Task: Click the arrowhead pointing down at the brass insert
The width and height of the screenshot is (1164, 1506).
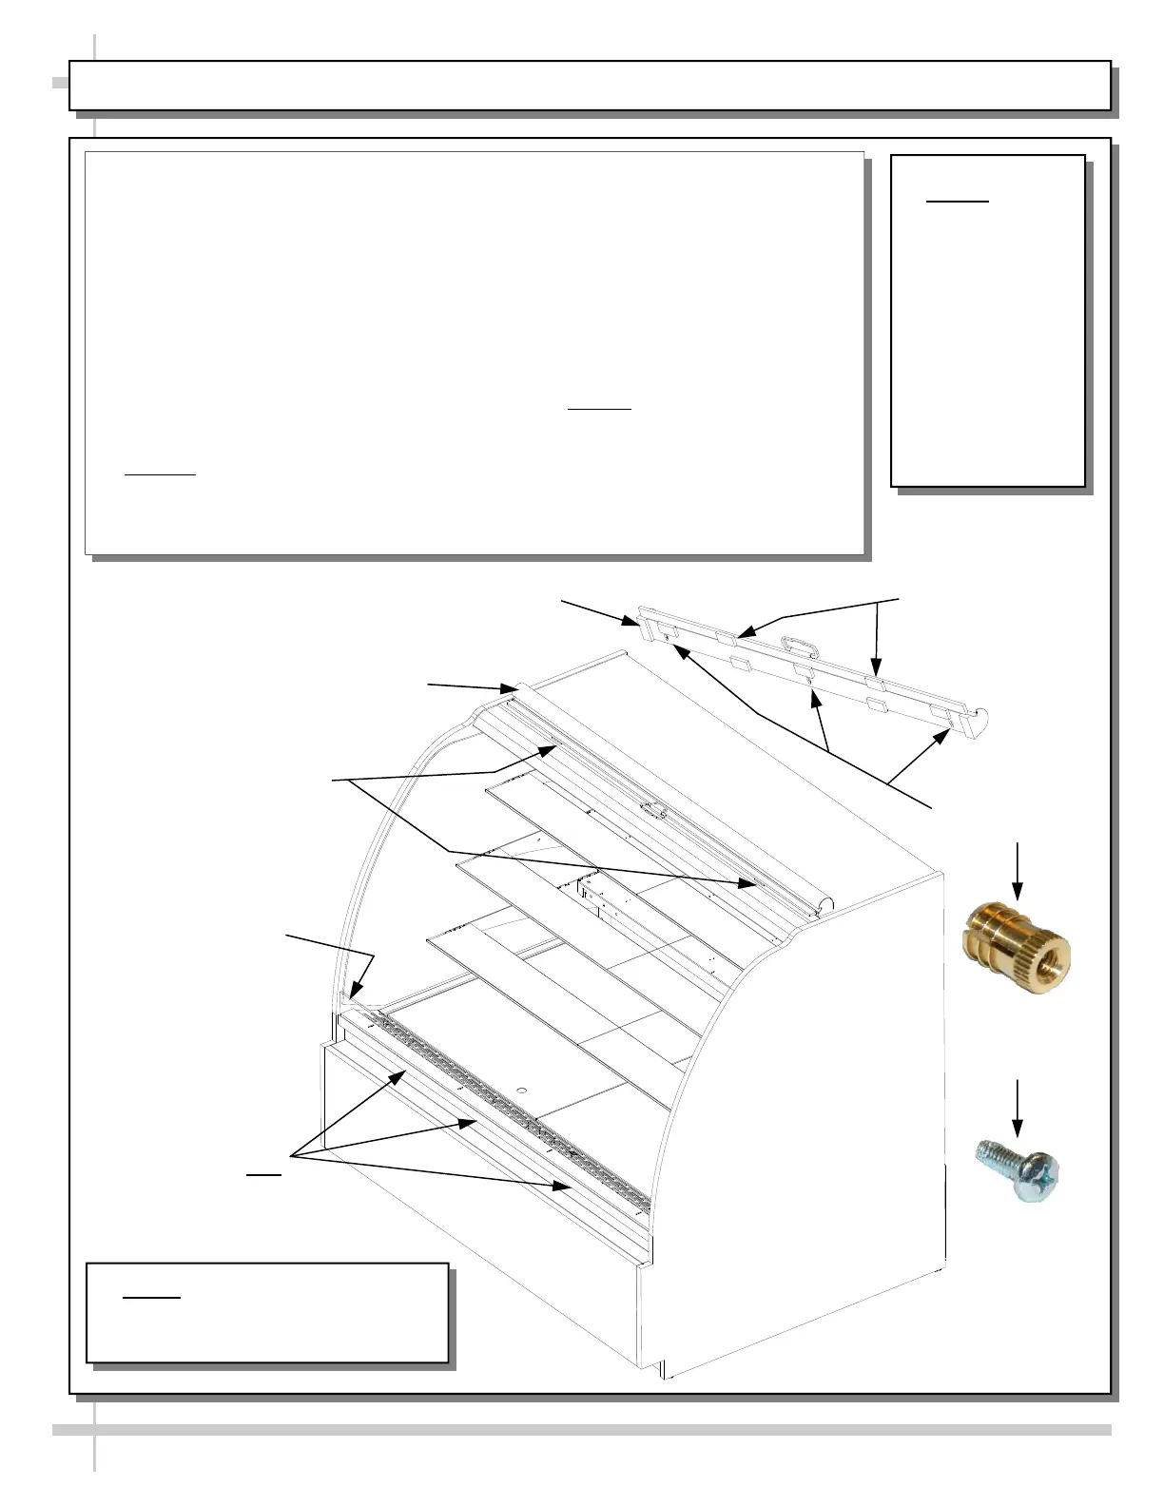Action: [x=1018, y=894]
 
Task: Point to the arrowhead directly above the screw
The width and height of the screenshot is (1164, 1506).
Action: [x=1018, y=1130]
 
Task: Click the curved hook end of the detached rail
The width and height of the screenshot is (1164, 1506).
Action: [x=983, y=720]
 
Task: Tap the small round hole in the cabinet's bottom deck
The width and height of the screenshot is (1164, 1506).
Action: [x=521, y=1086]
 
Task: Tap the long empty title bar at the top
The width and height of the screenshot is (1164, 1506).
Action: [x=590, y=86]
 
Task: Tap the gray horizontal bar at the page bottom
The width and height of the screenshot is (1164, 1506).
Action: [x=582, y=1429]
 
